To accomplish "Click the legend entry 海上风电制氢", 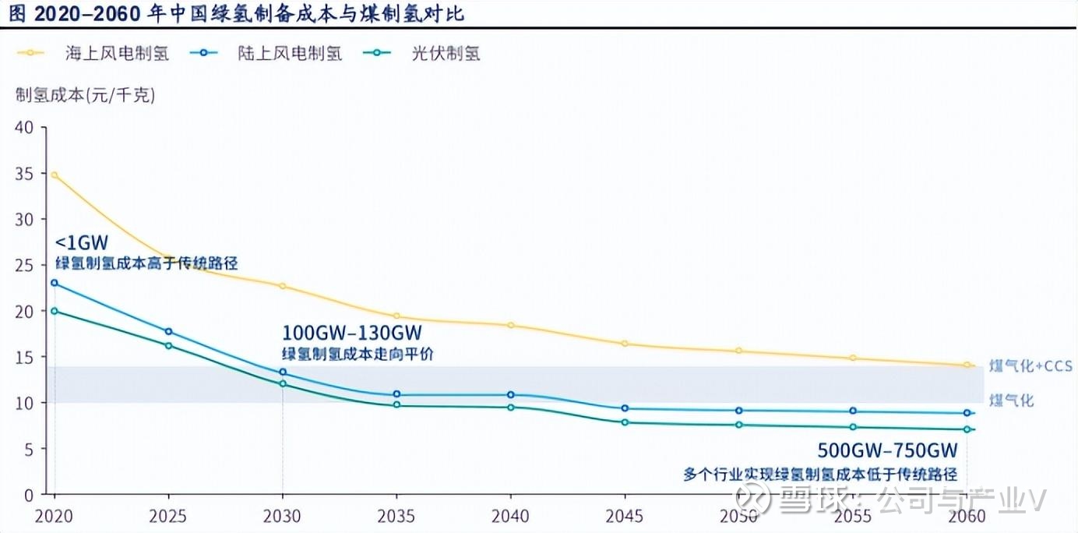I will click(117, 54).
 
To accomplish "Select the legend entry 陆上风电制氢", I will click(290, 54).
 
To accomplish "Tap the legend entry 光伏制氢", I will click(446, 54).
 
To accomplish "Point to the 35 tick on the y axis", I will click(25, 173).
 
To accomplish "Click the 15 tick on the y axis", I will click(25, 357).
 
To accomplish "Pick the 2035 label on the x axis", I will click(396, 516).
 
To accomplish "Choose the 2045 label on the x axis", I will click(625, 516).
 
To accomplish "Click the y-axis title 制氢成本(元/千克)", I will click(86, 96).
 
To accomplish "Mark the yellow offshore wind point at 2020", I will click(55, 175).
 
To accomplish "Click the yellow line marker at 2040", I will click(511, 325).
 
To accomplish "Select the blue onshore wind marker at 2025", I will click(168, 332).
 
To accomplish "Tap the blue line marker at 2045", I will click(625, 408).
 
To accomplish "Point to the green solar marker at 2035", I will click(396, 405).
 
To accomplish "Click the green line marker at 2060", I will click(967, 429).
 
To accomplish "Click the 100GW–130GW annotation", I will click(352, 334).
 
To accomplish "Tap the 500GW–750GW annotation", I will click(887, 451).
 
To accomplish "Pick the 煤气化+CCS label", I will click(1030, 365).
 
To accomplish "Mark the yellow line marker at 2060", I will click(967, 365).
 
